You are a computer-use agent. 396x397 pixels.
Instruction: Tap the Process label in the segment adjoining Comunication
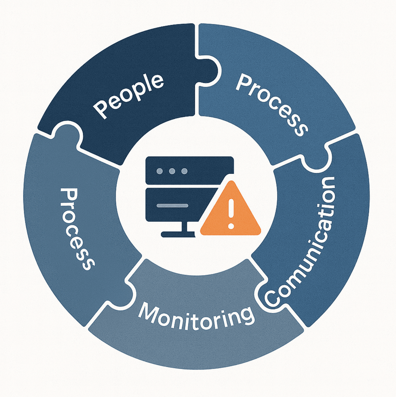(272, 105)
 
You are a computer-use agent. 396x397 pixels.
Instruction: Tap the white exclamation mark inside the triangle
(231, 213)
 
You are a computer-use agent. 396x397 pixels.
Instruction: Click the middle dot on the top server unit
(172, 171)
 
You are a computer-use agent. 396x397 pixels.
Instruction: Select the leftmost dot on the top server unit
(160, 171)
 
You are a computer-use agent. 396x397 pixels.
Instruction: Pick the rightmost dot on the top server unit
(184, 171)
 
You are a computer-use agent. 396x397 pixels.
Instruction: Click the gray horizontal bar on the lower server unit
(172, 205)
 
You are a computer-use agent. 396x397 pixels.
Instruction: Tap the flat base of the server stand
(178, 234)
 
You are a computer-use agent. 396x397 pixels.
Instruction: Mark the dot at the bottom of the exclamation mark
(231, 226)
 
